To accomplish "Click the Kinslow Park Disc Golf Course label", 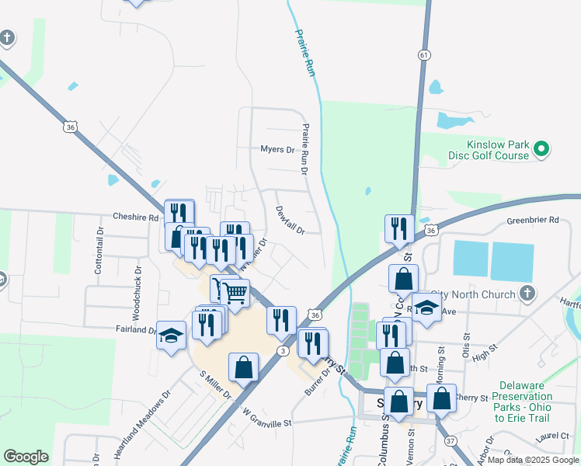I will point(488,150).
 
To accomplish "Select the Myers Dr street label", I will point(277,149).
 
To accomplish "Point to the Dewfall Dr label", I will point(290,218).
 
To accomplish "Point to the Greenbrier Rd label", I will point(533,220).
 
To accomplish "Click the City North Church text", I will point(479,294).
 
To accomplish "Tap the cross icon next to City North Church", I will point(527,294).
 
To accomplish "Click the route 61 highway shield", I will point(423,55).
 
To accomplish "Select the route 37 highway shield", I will point(450,441).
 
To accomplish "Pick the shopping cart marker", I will point(234,293).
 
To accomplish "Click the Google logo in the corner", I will point(26,457).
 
